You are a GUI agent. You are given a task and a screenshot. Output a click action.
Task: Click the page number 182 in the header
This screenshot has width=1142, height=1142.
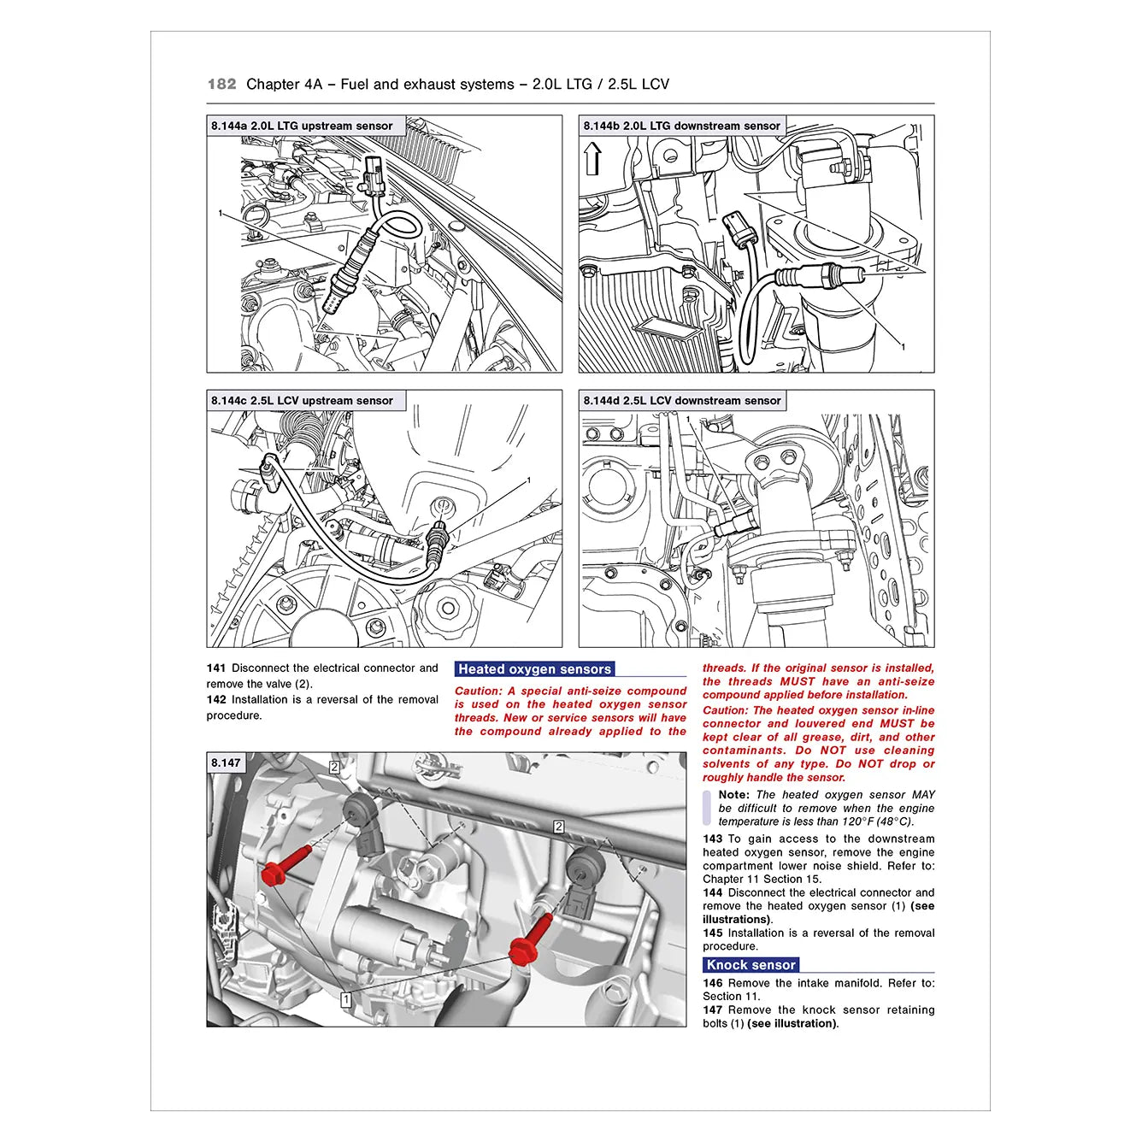pyautogui.click(x=221, y=84)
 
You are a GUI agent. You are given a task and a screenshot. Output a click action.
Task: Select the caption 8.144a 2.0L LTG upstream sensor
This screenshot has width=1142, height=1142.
pyautogui.click(x=302, y=126)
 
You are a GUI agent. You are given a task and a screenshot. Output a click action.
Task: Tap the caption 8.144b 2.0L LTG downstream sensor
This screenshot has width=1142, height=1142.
pyautogui.click(x=681, y=126)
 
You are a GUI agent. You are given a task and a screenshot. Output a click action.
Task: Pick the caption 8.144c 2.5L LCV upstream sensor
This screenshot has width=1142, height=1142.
pyautogui.click(x=302, y=400)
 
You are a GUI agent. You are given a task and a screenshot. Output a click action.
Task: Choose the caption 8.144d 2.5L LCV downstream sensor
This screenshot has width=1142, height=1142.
pyautogui.click(x=681, y=400)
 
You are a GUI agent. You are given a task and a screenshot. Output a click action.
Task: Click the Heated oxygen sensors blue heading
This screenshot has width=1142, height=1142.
pyautogui.click(x=534, y=669)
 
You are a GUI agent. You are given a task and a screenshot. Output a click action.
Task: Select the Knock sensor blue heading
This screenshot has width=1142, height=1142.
pyautogui.click(x=751, y=965)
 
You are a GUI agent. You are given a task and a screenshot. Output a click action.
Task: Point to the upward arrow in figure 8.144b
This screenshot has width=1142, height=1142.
pyautogui.click(x=593, y=159)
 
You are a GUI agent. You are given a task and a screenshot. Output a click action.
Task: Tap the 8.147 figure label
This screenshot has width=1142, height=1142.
pyautogui.click(x=227, y=762)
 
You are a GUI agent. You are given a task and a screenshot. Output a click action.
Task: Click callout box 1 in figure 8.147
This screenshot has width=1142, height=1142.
pyautogui.click(x=345, y=999)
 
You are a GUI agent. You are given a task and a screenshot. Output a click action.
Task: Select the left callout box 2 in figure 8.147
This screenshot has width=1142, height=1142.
pyautogui.click(x=334, y=768)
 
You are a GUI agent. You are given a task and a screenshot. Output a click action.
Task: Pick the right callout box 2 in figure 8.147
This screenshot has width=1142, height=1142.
pyautogui.click(x=558, y=827)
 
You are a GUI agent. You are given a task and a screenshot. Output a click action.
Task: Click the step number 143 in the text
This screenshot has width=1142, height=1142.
pyautogui.click(x=712, y=839)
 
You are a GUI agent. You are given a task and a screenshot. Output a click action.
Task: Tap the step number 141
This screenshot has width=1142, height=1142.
pyautogui.click(x=215, y=668)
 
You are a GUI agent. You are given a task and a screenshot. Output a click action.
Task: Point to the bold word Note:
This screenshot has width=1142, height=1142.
pyautogui.click(x=733, y=794)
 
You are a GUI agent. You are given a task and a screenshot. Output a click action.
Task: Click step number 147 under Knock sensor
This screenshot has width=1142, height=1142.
pyautogui.click(x=712, y=1010)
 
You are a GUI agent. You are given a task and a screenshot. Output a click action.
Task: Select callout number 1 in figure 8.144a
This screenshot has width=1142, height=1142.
pyautogui.click(x=221, y=213)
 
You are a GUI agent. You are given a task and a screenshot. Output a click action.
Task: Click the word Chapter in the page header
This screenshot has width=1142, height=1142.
pyautogui.click(x=273, y=84)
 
